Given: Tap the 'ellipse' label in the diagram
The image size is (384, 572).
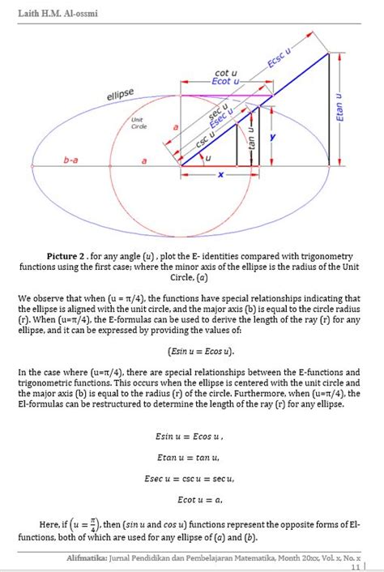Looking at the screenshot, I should (x=120, y=95).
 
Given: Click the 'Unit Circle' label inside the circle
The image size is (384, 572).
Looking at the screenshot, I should (x=139, y=123).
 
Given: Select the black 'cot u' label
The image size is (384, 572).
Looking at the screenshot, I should (x=225, y=73).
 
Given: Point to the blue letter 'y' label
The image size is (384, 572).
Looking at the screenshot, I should (x=273, y=139).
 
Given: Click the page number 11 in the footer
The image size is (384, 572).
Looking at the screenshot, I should (x=355, y=567).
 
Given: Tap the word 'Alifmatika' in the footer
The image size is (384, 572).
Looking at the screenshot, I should (x=91, y=558).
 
